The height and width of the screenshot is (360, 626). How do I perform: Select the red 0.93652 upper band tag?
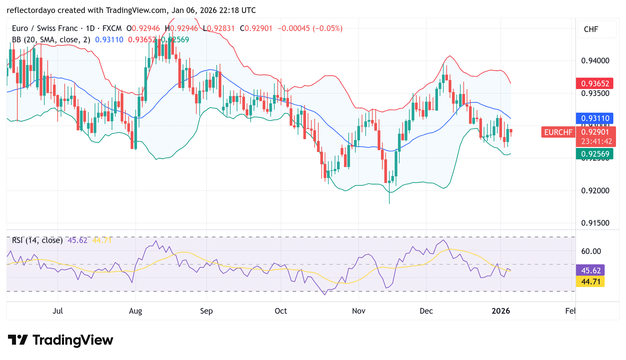(595, 83)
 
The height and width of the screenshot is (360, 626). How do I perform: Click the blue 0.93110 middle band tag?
(595, 118)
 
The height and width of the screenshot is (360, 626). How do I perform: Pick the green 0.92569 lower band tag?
(595, 154)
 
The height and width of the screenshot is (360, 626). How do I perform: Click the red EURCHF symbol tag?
(558, 132)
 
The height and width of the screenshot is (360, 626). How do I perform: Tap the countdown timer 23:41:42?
(596, 141)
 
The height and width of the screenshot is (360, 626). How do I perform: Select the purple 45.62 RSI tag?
(590, 270)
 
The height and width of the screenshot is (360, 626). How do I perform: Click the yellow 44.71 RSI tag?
(590, 282)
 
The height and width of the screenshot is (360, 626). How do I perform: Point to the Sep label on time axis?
(206, 311)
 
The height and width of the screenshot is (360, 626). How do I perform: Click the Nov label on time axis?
(358, 311)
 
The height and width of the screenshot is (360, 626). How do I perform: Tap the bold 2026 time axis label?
(501, 311)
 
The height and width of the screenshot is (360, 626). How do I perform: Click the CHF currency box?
(597, 29)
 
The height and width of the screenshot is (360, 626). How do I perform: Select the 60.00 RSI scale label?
(591, 251)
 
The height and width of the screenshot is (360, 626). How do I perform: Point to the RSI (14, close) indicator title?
(37, 240)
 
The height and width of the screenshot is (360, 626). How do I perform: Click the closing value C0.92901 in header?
(256, 28)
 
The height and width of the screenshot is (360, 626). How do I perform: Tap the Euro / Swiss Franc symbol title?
(45, 28)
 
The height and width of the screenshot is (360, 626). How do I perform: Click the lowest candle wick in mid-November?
(389, 200)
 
